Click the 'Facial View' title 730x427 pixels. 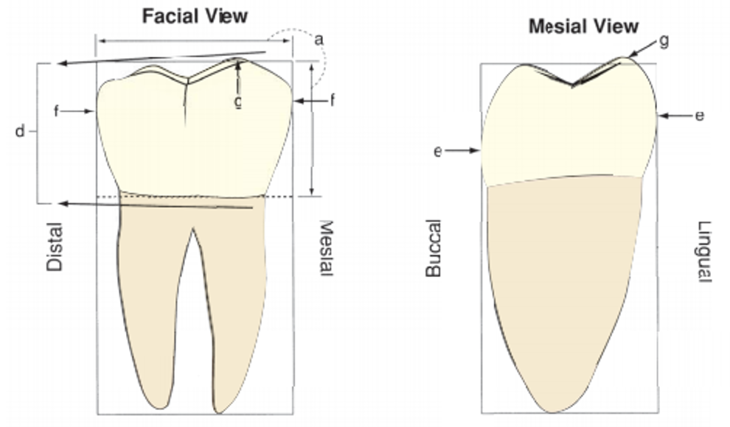[195, 15]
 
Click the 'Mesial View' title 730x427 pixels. [583, 27]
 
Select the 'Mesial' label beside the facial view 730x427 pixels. [325, 249]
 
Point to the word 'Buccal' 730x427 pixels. [433, 248]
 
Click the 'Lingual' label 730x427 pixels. [704, 251]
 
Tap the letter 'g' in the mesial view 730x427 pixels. [664, 40]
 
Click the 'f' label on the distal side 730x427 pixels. [56, 111]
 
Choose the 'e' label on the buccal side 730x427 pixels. [438, 151]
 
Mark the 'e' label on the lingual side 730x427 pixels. [700, 116]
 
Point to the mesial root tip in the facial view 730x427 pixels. [219, 409]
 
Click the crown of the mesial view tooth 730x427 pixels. [568, 133]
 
